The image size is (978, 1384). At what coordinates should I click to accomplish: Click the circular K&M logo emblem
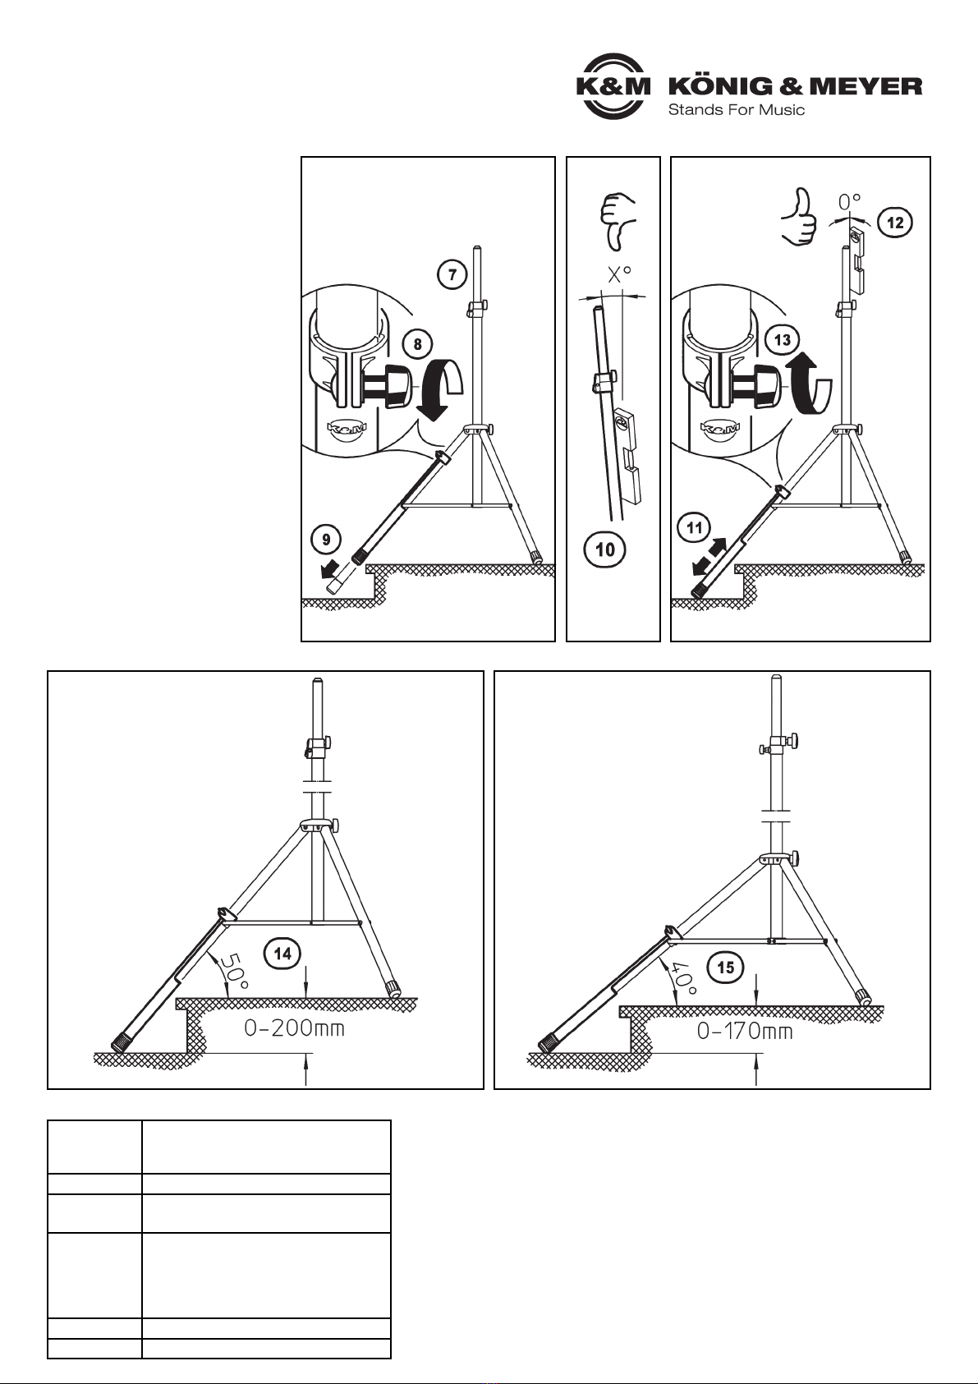click(613, 86)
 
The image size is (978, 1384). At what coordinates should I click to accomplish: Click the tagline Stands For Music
click(737, 110)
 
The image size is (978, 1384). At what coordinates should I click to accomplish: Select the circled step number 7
click(452, 274)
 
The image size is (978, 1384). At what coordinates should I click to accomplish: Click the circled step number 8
click(418, 343)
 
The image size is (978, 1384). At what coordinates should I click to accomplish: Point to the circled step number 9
click(326, 540)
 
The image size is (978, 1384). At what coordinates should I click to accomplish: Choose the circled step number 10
click(605, 549)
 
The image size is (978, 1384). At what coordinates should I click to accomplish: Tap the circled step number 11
click(695, 528)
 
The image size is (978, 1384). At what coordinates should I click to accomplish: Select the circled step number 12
click(895, 223)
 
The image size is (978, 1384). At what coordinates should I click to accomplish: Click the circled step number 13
click(782, 340)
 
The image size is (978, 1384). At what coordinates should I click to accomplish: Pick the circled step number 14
click(283, 954)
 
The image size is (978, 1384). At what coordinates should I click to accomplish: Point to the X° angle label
click(619, 274)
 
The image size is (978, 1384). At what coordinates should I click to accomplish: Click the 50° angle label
click(233, 971)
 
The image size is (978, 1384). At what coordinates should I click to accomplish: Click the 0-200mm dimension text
click(294, 1028)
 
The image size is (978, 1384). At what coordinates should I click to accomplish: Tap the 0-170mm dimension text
click(745, 1031)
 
